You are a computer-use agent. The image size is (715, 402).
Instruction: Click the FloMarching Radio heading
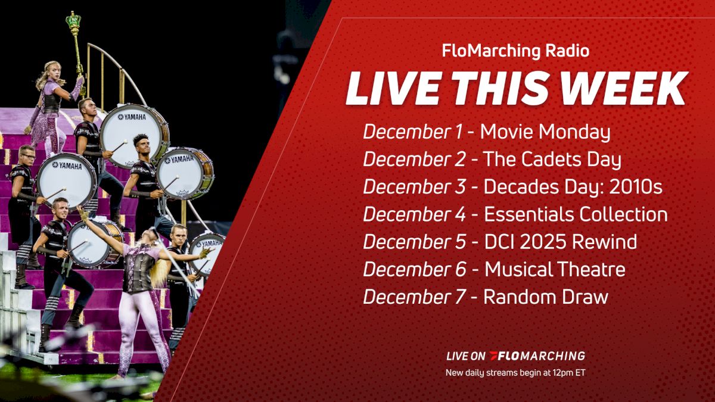click(x=515, y=51)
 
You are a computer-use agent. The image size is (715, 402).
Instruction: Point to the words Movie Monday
click(x=545, y=132)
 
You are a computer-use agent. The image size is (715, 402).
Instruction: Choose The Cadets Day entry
click(x=552, y=160)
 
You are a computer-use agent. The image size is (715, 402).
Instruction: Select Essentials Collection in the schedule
click(x=575, y=214)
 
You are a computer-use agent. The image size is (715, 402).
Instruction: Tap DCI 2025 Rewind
click(x=560, y=242)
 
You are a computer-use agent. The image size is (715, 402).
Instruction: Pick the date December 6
click(x=415, y=269)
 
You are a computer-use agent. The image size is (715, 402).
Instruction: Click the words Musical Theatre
click(x=555, y=269)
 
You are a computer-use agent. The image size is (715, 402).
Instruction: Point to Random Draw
click(x=545, y=297)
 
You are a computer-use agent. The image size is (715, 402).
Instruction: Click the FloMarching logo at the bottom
click(x=536, y=356)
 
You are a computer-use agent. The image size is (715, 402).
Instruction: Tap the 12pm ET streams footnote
click(x=515, y=373)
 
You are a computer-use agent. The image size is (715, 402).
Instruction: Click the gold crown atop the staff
click(x=73, y=23)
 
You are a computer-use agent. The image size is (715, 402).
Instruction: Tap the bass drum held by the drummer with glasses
click(x=66, y=179)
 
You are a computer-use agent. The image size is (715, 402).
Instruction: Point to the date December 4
click(x=415, y=214)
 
